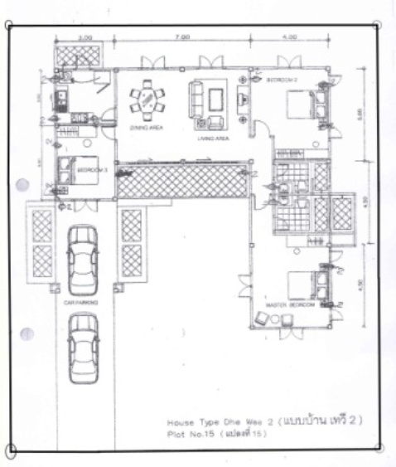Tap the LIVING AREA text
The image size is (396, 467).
click(212, 138)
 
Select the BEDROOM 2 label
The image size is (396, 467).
click(282, 80)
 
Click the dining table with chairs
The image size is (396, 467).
click(146, 100)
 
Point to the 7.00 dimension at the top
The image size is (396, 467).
click(183, 37)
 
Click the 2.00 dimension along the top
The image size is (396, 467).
click(85, 37)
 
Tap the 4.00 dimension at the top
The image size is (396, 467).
click(289, 37)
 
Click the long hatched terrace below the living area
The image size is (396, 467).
click(181, 181)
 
